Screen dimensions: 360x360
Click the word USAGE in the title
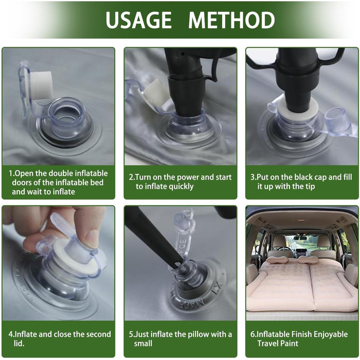click(138, 20)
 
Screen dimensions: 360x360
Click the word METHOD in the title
click(231, 20)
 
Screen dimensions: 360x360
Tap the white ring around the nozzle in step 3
click(298, 109)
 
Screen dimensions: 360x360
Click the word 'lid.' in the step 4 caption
click(19, 343)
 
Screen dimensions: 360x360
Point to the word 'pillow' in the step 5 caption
click(191, 334)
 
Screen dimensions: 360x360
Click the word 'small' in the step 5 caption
click(143, 344)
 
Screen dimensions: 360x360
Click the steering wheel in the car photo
click(284, 249)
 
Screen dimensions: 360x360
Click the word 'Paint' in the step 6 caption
click(289, 343)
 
